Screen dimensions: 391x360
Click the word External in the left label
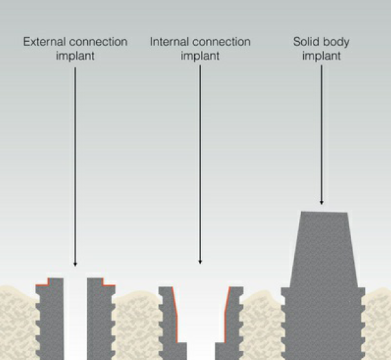pyautogui.click(x=44, y=42)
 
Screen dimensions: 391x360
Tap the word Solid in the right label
pyautogui.click(x=304, y=42)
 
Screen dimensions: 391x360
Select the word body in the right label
pyautogui.click(x=333, y=43)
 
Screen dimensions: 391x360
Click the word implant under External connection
pyautogui.click(x=75, y=56)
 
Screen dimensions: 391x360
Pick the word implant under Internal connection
pyautogui.click(x=200, y=56)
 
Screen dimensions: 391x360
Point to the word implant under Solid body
pyautogui.click(x=322, y=56)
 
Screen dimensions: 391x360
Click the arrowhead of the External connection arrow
pyautogui.click(x=75, y=264)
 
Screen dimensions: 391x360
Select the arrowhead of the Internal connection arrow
pyautogui.click(x=200, y=262)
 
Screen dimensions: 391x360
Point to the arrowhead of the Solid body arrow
pyautogui.click(x=322, y=202)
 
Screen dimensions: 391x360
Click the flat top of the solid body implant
pyautogui.click(x=324, y=212)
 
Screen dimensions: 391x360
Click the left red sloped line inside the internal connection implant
pyautogui.click(x=175, y=314)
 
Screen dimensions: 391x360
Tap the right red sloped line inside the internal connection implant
pyautogui.click(x=226, y=314)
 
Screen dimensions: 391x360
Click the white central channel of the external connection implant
pyautogui.click(x=75, y=318)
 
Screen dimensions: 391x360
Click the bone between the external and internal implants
pyautogui.click(x=137, y=325)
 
